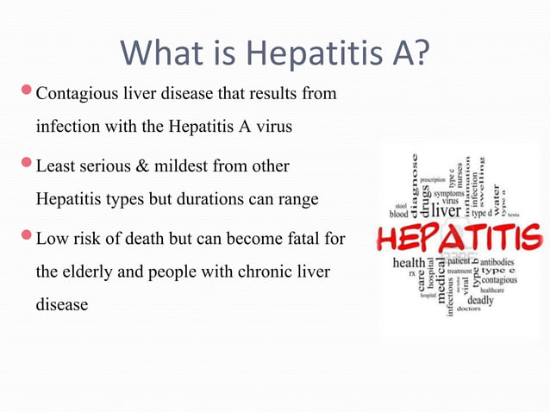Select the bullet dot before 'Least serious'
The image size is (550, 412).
[x=27, y=162]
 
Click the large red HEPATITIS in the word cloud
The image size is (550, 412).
[x=458, y=235]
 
